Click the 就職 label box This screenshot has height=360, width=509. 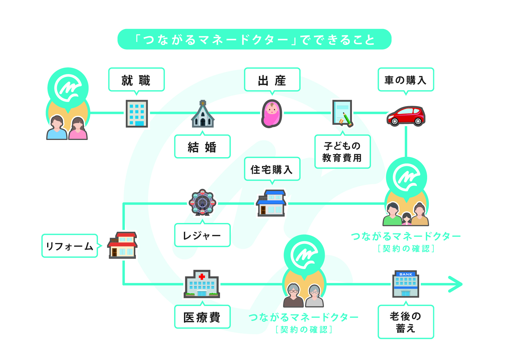pyautogui.click(x=136, y=79)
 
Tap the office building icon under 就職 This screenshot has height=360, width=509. pyautogui.click(x=137, y=113)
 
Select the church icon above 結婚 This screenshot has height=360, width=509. pyautogui.click(x=203, y=115)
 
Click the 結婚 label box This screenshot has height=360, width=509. pyautogui.click(x=202, y=147)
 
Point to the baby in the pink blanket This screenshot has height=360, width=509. pyautogui.click(x=272, y=114)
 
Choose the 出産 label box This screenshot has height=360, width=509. pyautogui.click(x=272, y=79)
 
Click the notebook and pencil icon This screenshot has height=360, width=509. pyautogui.click(x=343, y=113)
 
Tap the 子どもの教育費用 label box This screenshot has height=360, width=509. pyautogui.click(x=342, y=152)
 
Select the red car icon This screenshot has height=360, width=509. pyautogui.click(x=406, y=115)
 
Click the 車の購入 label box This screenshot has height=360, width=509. pyautogui.click(x=406, y=79)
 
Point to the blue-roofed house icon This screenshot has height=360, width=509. pyautogui.click(x=271, y=203)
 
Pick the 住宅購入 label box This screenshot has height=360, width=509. pyautogui.click(x=272, y=169)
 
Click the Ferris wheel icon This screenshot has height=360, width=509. pyautogui.click(x=202, y=202)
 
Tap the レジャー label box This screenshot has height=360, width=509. pyautogui.click(x=202, y=235)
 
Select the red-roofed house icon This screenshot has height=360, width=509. pyautogui.click(x=122, y=245)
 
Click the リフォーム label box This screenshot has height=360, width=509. pyautogui.click(x=69, y=246)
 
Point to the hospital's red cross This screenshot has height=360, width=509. pyautogui.click(x=202, y=276)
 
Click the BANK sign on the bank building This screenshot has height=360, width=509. pyautogui.click(x=406, y=274)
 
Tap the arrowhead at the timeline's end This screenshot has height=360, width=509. pyautogui.click(x=456, y=284)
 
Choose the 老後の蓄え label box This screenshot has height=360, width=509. pyautogui.click(x=406, y=322)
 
